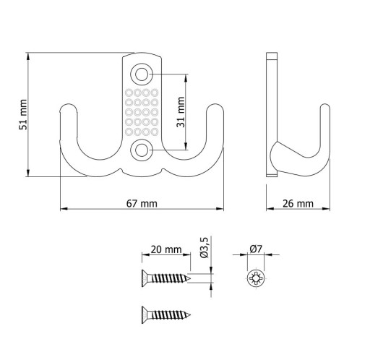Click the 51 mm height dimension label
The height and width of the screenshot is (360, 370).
pyautogui.click(x=23, y=114)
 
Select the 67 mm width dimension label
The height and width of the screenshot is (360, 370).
pyautogui.click(x=142, y=204)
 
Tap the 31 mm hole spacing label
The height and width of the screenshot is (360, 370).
pyautogui.click(x=181, y=112)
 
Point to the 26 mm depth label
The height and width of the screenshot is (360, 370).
pyautogui.click(x=298, y=204)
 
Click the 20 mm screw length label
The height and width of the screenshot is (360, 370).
pyautogui.click(x=166, y=249)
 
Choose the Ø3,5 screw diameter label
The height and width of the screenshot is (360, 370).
pyautogui.click(x=204, y=248)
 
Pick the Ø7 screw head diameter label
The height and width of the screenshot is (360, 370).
pyautogui.click(x=256, y=249)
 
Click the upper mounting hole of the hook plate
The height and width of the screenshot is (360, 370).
pyautogui.click(x=142, y=74)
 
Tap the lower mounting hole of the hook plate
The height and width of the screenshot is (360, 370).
pyautogui.click(x=142, y=150)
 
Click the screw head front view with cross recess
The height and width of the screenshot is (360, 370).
pyautogui.click(x=256, y=279)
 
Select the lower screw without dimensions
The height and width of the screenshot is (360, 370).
pyautogui.click(x=166, y=315)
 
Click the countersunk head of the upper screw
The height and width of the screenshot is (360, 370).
pyautogui.click(x=145, y=278)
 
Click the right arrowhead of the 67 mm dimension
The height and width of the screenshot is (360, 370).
pyautogui.click(x=219, y=209)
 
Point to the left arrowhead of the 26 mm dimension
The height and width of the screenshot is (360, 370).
pyautogui.click(x=270, y=209)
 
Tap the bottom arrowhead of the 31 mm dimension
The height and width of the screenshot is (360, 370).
pyautogui.click(x=186, y=145)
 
